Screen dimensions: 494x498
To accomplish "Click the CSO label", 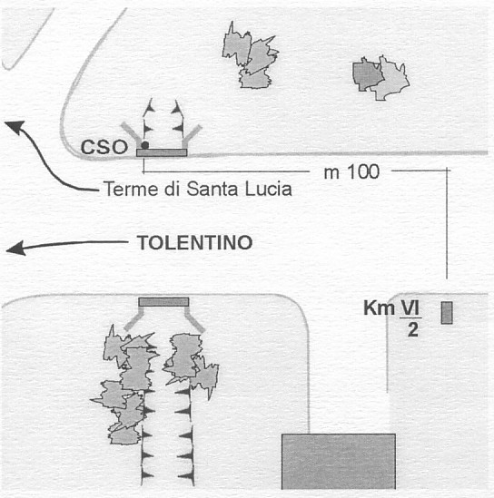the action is pos(104,147).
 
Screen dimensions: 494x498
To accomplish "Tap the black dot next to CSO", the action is pos(145,145).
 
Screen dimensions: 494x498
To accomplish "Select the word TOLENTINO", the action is pos(195,242).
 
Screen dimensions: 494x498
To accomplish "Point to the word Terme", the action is pos(131,189).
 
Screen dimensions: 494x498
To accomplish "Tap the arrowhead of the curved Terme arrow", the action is pos(15,127).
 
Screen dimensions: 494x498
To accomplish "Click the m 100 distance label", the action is pos(351,171).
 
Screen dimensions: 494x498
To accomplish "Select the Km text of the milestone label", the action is pos(380,308).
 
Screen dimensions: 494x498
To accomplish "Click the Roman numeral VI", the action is pos(410,308).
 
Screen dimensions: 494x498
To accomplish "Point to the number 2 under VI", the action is pos(412,330).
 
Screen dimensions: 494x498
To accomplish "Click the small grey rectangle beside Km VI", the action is pos(447,313).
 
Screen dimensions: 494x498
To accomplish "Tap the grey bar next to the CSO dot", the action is pos(162,152).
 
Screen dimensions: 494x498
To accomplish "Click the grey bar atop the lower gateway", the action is pos(163,302).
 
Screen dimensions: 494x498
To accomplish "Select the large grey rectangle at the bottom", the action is pos(339,461).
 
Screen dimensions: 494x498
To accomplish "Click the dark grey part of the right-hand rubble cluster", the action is pos(366,75).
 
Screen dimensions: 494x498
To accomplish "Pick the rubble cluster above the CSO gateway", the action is pos(251,56).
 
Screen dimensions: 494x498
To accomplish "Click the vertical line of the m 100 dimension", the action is pos(447,223).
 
